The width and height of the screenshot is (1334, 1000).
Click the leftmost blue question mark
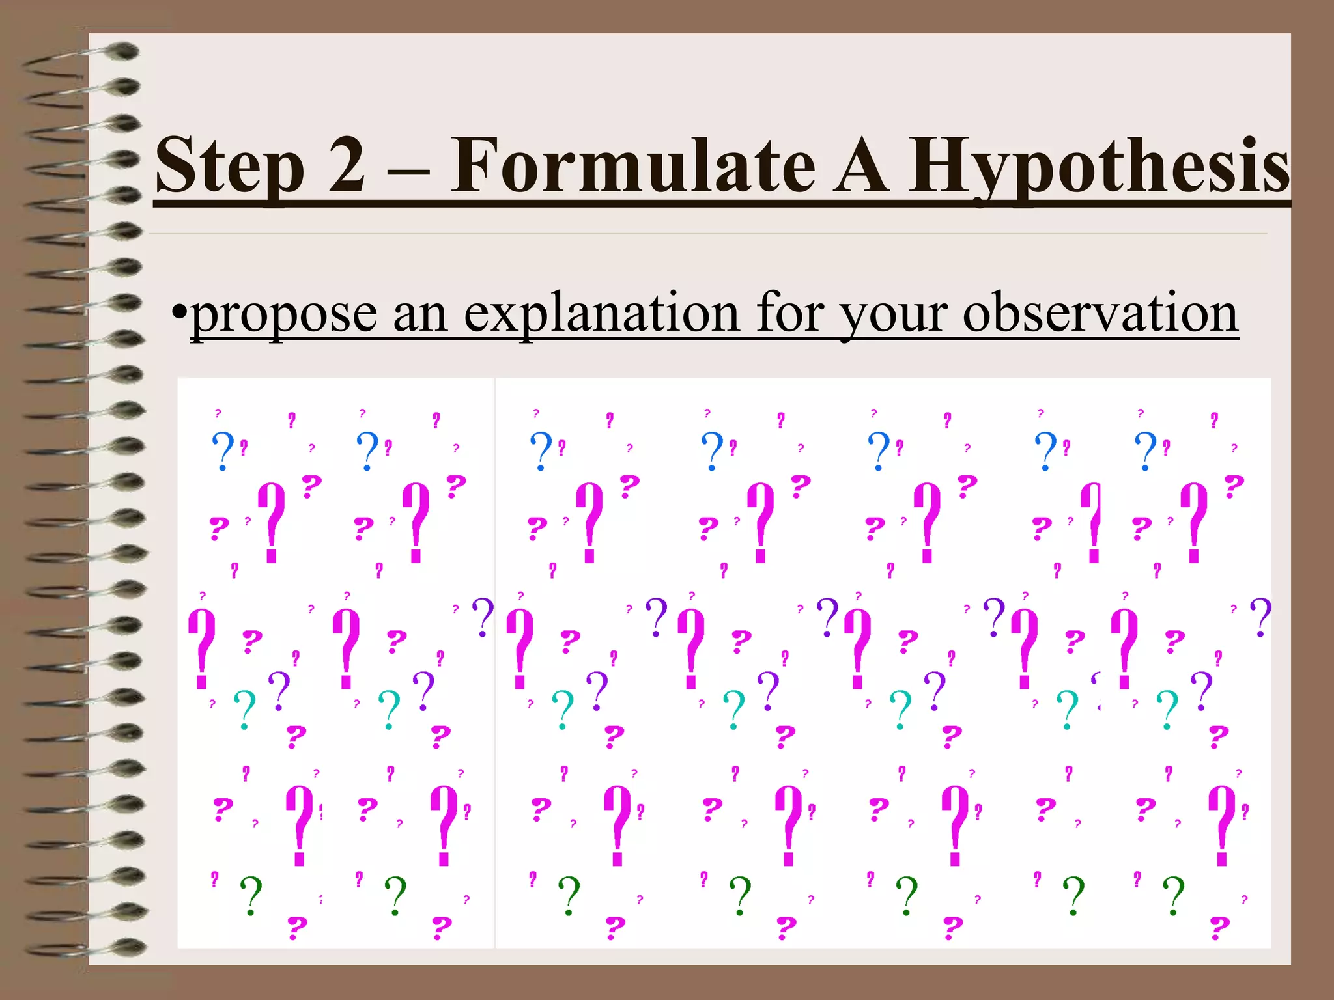click(x=223, y=450)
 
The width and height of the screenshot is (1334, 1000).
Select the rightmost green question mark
click(x=1174, y=895)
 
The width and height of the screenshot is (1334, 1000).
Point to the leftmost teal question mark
click(x=245, y=708)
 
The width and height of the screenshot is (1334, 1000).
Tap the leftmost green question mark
click(x=251, y=895)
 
